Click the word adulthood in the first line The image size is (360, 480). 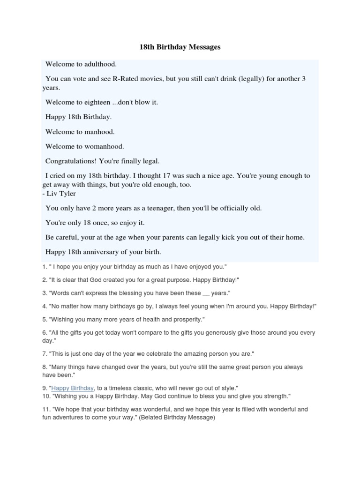coord(99,64)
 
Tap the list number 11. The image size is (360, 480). coord(45,409)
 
